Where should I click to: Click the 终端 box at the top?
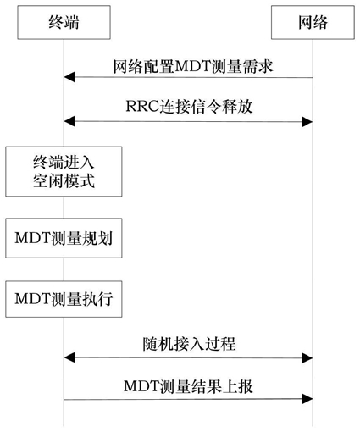coord(64,22)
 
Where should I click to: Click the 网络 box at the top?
coord(313,22)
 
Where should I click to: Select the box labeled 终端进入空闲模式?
coord(64,171)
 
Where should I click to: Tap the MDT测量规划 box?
coord(64,238)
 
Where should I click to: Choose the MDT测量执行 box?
coord(64,299)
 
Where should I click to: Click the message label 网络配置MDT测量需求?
coord(193,67)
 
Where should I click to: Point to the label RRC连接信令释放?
coord(189,107)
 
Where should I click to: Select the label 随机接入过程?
coord(189,344)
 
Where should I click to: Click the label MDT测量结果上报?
coord(188,386)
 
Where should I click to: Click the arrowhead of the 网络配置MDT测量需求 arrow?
coord(69,77)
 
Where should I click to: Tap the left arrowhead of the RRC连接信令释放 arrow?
coord(69,122)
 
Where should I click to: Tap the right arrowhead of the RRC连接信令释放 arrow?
coord(307,122)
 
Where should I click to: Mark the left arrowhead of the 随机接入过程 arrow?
coord(69,357)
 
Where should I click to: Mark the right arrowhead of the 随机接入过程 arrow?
coord(307,358)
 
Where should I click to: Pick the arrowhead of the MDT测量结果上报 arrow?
coord(307,399)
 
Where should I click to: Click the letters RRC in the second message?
coord(142,107)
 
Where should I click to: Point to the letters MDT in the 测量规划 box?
coord(32,238)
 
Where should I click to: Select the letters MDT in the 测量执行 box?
coord(32,299)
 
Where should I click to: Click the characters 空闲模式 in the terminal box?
coord(64,180)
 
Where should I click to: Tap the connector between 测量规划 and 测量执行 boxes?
coord(64,269)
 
